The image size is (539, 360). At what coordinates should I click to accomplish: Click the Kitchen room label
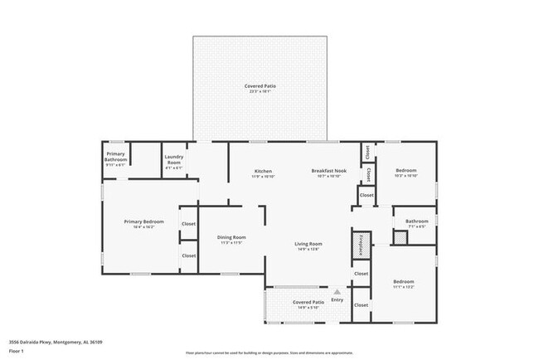262,172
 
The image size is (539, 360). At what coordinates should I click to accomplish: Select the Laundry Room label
173,158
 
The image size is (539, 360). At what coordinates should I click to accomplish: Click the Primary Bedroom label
143,221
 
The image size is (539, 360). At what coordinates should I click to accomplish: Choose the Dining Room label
231,237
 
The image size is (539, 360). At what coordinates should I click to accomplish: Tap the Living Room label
308,244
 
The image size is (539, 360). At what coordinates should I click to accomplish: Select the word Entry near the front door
337,300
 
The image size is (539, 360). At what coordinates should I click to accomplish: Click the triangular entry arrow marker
337,292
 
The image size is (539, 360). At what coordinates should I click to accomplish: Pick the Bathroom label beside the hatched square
416,221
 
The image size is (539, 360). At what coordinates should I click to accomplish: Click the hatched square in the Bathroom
401,238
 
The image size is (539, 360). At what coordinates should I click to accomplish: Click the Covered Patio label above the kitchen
260,86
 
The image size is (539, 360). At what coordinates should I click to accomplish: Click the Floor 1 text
17,349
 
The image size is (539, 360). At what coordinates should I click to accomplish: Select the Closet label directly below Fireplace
361,274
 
